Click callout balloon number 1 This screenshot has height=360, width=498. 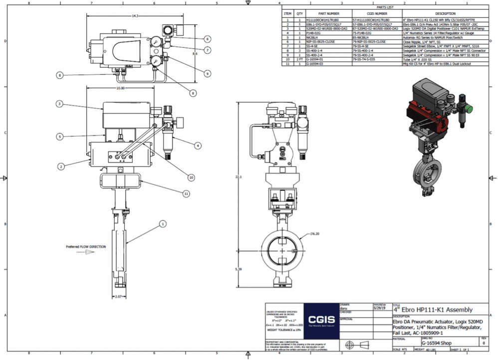pos(162,224)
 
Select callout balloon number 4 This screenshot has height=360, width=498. pos(198,146)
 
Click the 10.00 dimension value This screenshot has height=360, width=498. pos(120,88)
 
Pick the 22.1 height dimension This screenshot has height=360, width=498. pos(241,177)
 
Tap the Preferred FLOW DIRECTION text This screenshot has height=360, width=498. pos(86,246)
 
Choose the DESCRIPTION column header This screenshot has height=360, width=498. pos(445,13)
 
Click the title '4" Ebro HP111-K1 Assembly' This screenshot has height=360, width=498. pos(433,310)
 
